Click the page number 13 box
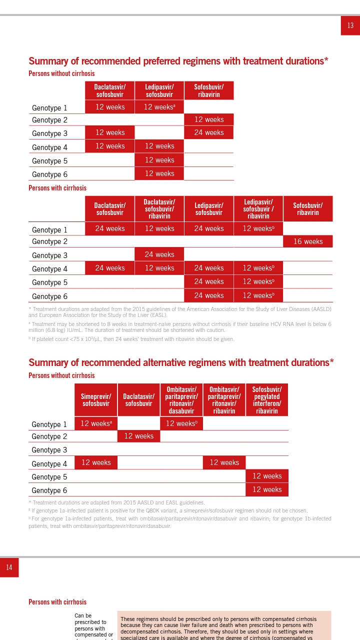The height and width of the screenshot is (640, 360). (350, 25)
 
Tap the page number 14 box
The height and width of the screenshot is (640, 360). (9, 567)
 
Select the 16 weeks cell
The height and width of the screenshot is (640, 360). (308, 241)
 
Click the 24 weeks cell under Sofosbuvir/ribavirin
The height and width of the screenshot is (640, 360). (209, 132)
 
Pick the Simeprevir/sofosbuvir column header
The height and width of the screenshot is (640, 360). (96, 399)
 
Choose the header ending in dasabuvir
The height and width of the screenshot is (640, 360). (181, 399)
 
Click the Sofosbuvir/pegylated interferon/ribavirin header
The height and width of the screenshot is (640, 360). (267, 399)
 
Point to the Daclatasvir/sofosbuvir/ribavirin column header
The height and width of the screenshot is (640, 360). (159, 209)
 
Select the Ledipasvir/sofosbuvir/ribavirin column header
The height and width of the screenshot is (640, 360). (258, 209)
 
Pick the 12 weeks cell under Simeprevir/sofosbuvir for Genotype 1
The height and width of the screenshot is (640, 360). (96, 423)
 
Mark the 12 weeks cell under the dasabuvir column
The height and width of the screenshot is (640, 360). (181, 423)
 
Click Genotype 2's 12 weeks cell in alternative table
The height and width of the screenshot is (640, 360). (139, 436)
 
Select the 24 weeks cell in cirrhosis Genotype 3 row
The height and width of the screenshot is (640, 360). (159, 254)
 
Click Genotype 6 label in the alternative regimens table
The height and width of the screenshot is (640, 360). (49, 490)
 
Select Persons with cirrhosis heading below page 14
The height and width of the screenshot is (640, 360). (57, 602)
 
